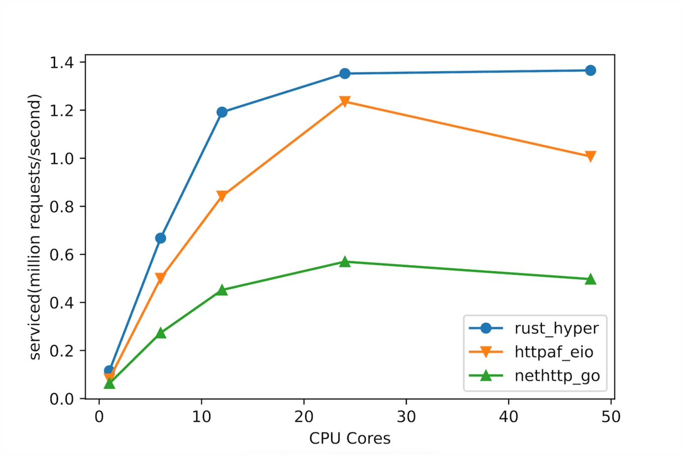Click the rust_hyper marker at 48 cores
(x=591, y=70)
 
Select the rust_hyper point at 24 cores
(x=345, y=73)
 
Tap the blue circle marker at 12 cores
(x=222, y=112)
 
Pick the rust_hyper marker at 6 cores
(x=161, y=238)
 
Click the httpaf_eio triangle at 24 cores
(x=345, y=102)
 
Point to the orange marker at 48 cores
(x=591, y=156)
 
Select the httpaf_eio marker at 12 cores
(x=222, y=196)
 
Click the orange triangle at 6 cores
(x=161, y=278)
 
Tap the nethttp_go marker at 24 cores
(x=345, y=261)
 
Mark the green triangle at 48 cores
(x=591, y=279)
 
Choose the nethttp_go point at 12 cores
(x=222, y=290)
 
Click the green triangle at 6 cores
(x=161, y=333)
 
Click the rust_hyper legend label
(x=556, y=329)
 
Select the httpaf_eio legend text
(x=553, y=352)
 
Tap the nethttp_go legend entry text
(x=557, y=376)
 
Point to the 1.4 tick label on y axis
(x=61, y=62)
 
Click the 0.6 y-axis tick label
(x=61, y=255)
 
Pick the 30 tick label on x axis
(x=406, y=417)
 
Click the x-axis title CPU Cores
(x=350, y=438)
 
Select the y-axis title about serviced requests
(x=35, y=227)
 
